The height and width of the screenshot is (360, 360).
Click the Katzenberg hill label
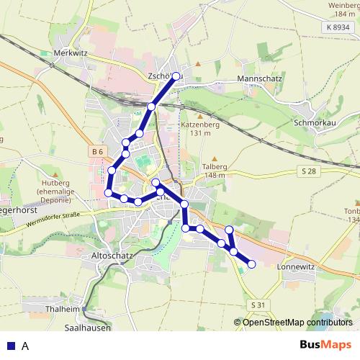click(x=199, y=125)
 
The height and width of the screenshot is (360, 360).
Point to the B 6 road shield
click(x=99, y=151)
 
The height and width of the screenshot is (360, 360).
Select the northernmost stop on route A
click(x=176, y=76)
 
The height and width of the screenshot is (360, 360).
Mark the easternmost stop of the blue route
click(x=251, y=264)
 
